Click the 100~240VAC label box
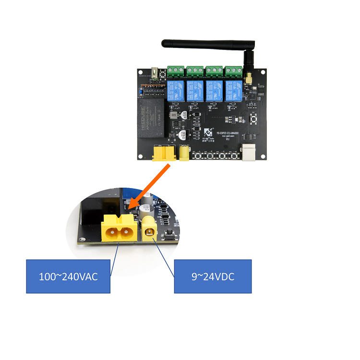pyautogui.click(x=68, y=276)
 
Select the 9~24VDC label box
pyautogui.click(x=212, y=276)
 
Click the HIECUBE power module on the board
pyautogui.click(x=152, y=118)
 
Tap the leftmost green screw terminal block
pyautogui.click(x=176, y=72)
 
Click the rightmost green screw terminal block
pyautogui.click(x=234, y=72)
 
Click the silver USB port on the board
pyautogui.click(x=251, y=153)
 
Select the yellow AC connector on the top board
pyautogui.click(x=164, y=153)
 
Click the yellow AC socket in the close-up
pyautogui.click(x=119, y=229)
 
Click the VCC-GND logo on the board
pyautogui.click(x=208, y=132)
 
